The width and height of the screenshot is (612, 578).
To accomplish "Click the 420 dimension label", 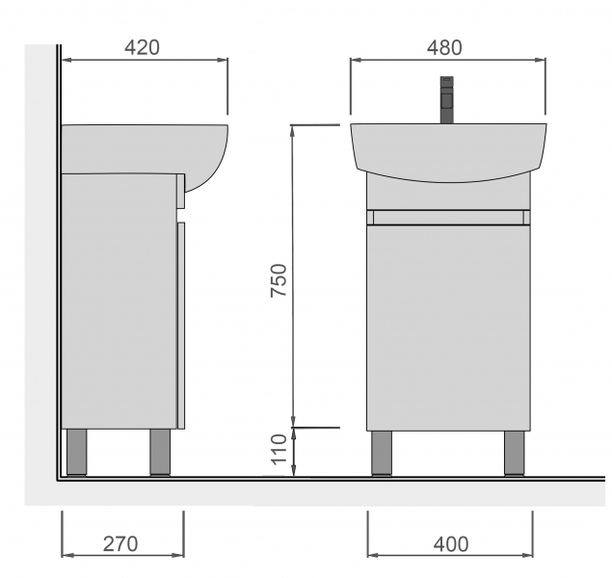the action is tap(142, 47).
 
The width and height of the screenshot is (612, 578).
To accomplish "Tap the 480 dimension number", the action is tap(444, 48).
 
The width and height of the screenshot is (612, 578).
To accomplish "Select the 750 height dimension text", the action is tap(279, 280).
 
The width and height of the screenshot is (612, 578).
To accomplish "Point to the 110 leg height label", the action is tap(279, 449).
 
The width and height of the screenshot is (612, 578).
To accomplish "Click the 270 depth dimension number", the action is tap(120, 544).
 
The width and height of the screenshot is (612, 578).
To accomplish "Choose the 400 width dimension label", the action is tap(451, 544).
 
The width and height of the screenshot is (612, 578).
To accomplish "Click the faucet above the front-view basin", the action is tap(447, 100).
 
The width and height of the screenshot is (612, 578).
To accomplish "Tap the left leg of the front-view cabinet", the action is tap(382, 453).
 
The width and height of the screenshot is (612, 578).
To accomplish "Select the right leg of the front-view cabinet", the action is tap(515, 453).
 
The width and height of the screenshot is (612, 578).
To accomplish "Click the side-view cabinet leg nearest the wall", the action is tap(76, 453).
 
